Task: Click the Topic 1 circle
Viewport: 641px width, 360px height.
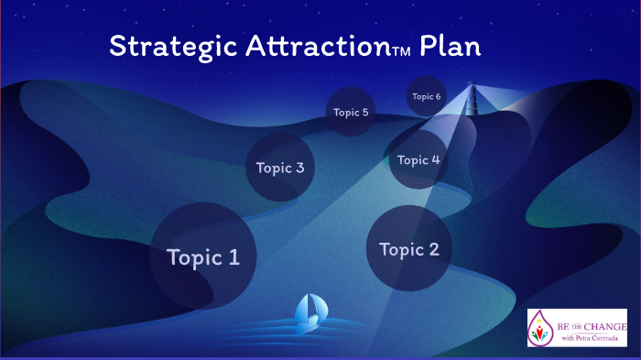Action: (x=202, y=256)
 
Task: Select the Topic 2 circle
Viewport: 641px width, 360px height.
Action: (x=408, y=248)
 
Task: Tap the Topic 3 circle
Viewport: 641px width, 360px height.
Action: (x=280, y=168)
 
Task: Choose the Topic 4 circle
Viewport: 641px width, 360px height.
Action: (x=418, y=159)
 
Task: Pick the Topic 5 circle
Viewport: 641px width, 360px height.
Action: (x=351, y=113)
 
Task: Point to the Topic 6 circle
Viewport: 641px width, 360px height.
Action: (x=426, y=96)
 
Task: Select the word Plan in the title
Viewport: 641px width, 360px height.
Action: (x=450, y=46)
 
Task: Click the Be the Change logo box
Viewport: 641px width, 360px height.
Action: (x=577, y=327)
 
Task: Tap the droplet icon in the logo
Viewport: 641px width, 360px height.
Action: (x=542, y=328)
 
